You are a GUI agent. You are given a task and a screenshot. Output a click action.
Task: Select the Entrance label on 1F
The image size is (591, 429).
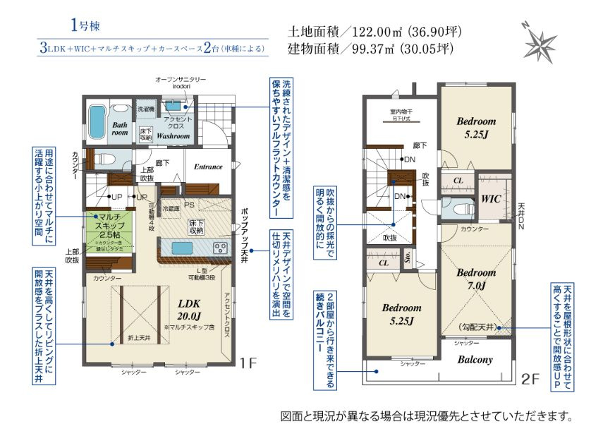coord(208,167)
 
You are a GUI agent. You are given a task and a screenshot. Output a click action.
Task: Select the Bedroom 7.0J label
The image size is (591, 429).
coord(476,279)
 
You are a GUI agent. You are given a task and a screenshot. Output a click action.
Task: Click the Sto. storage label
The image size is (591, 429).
coord(408,258)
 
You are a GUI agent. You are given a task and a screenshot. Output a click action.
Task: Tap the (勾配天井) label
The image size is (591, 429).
coord(479,327)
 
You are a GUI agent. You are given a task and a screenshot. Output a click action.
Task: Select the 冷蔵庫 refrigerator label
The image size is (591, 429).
coord(171,210)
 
